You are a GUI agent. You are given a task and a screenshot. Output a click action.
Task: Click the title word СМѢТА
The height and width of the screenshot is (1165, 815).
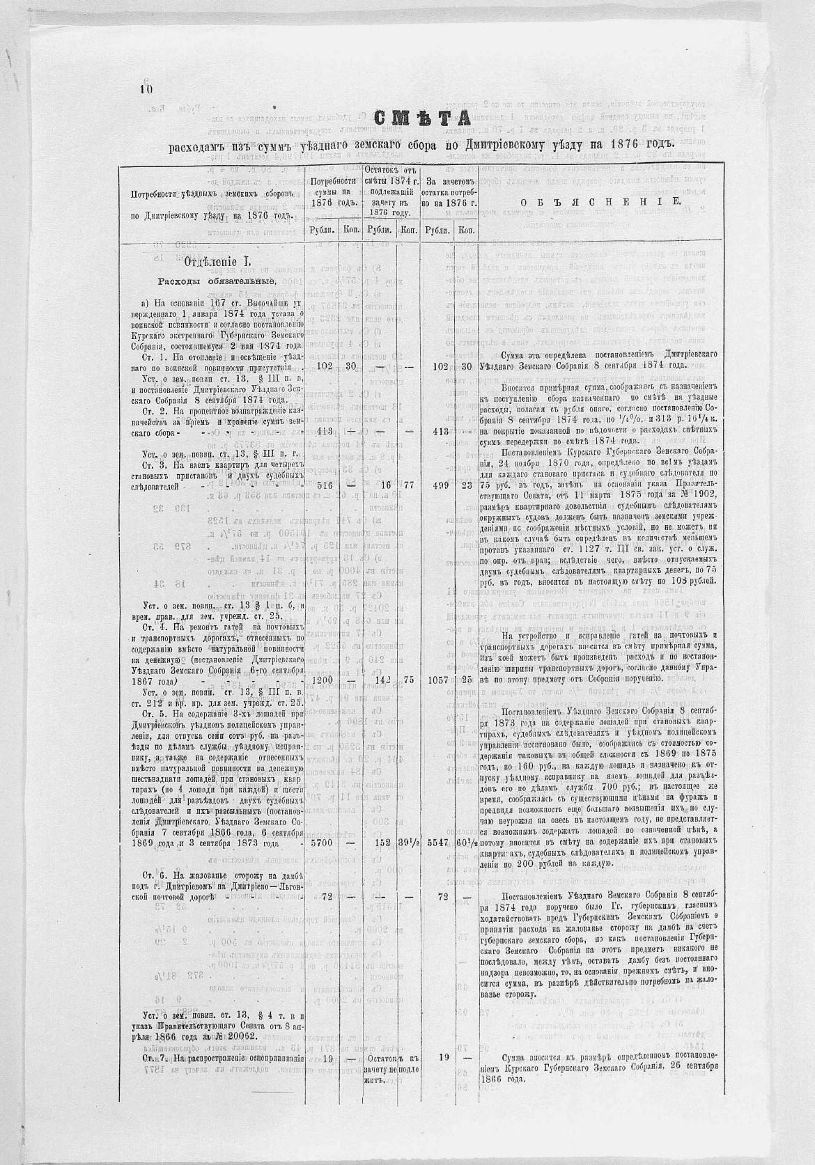pyautogui.click(x=422, y=119)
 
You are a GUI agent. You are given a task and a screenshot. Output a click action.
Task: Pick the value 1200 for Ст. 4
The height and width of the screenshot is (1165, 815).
pyautogui.click(x=323, y=679)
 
